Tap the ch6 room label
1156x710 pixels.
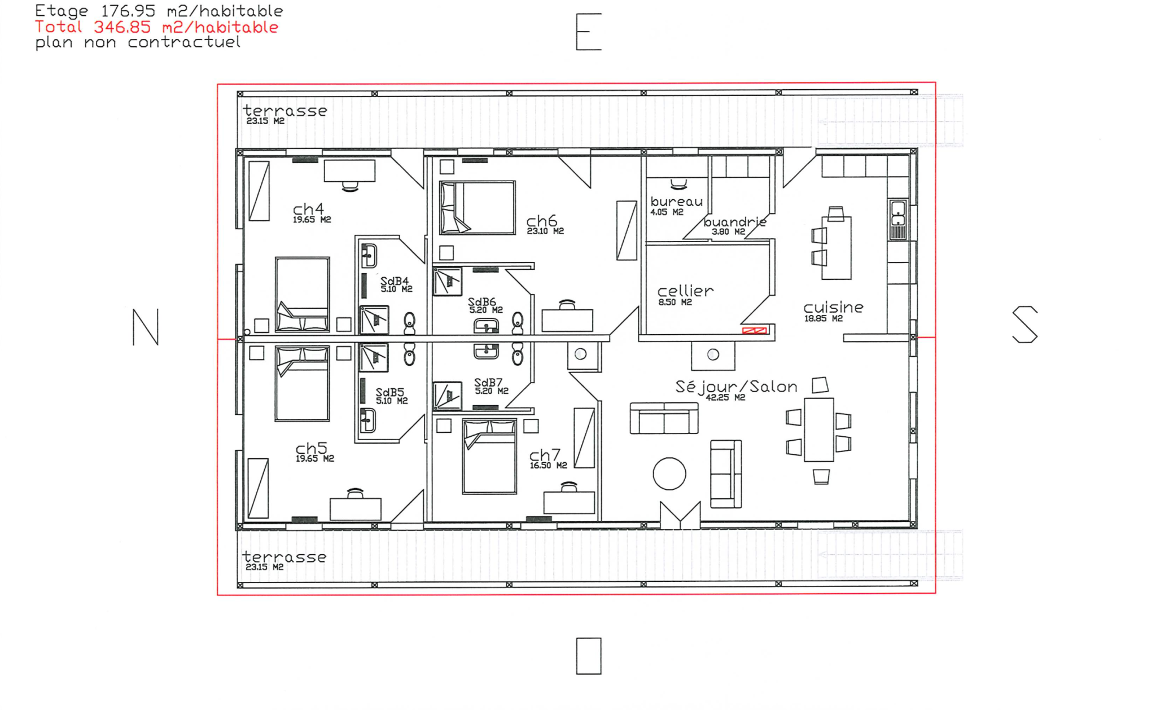(x=541, y=221)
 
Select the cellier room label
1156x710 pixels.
(x=685, y=291)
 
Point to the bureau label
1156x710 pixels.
(x=676, y=201)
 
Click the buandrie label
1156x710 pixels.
(x=735, y=222)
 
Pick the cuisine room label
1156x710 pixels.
(x=833, y=307)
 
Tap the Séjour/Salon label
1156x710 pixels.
(x=736, y=387)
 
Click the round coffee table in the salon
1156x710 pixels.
(x=669, y=474)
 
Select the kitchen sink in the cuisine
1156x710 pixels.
(x=898, y=220)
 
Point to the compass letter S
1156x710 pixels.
(x=1024, y=325)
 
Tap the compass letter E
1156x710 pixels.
(x=588, y=32)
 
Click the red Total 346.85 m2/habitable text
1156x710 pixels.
(x=156, y=27)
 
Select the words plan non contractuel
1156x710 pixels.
(x=138, y=42)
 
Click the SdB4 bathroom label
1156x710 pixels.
(x=394, y=281)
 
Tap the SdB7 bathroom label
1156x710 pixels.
(x=488, y=383)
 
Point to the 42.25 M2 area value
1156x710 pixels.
(x=725, y=397)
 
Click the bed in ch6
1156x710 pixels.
(x=478, y=208)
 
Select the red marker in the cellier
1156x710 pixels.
(x=755, y=330)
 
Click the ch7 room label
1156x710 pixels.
(x=545, y=455)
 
